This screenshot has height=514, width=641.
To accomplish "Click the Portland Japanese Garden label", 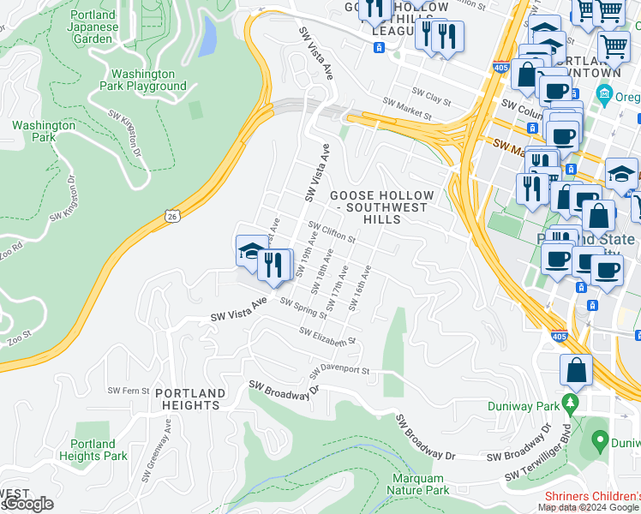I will [x=93, y=27].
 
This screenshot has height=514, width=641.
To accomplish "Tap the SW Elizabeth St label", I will [x=326, y=337].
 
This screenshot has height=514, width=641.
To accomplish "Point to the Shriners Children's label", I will [x=592, y=496].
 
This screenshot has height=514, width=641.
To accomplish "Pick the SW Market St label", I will [x=405, y=107].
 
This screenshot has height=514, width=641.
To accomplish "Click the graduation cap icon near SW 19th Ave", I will [x=250, y=251].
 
